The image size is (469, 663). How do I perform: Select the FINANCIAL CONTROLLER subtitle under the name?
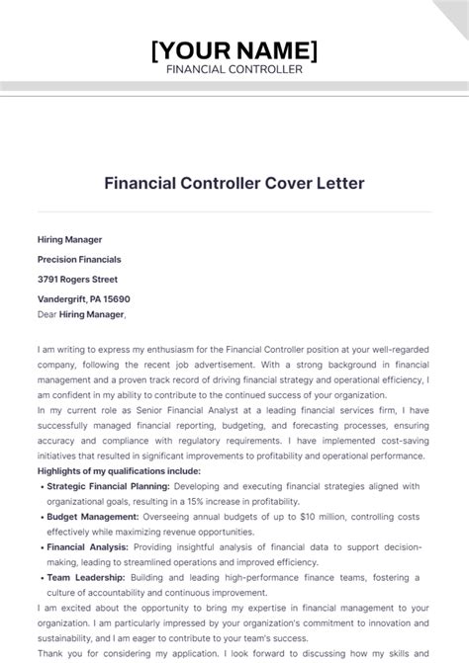[234, 69]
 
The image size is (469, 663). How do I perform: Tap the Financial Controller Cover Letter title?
[234, 183]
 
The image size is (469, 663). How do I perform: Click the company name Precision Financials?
[79, 259]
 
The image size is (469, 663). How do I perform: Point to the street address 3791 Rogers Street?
[77, 279]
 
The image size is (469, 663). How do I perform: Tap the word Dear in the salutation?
[47, 314]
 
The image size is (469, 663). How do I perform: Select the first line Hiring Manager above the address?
[69, 239]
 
